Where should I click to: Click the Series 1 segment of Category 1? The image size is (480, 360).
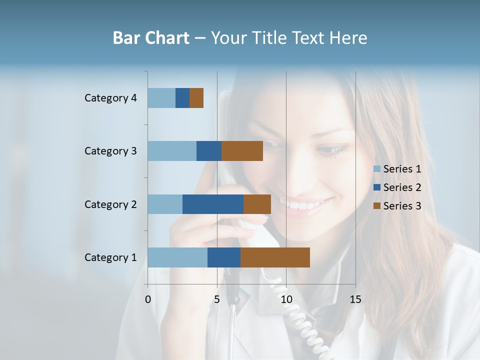(x=177, y=257)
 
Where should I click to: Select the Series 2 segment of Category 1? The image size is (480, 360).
(x=224, y=257)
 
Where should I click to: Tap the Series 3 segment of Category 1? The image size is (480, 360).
(x=275, y=257)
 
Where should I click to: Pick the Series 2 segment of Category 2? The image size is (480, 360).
(x=213, y=204)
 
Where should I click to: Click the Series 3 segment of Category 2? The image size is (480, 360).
(x=257, y=204)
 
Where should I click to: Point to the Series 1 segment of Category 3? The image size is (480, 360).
(x=172, y=151)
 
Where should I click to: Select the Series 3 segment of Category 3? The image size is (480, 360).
(x=242, y=151)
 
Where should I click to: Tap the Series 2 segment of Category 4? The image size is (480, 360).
(x=182, y=98)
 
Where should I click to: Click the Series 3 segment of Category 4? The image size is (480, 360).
(x=196, y=98)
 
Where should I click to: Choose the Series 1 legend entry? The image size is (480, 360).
(x=397, y=169)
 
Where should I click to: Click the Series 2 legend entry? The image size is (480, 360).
(x=397, y=187)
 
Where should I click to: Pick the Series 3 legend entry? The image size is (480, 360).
(x=397, y=206)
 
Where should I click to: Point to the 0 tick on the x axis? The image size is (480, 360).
(x=148, y=299)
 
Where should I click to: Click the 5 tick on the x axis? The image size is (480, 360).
(x=217, y=299)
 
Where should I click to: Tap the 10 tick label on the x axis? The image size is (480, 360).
(x=286, y=299)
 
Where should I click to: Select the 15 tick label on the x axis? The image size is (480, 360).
(x=355, y=299)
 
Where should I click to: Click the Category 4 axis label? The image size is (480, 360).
(x=110, y=98)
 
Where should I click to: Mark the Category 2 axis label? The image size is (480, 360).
(x=110, y=204)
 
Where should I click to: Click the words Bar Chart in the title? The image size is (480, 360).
(x=151, y=38)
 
